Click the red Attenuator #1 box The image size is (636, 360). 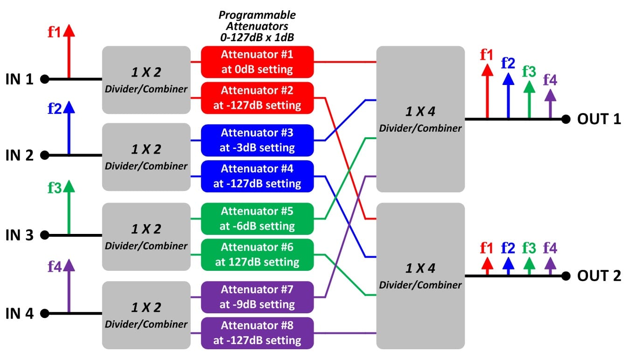[x=257, y=62]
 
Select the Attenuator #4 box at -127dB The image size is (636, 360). [x=257, y=176]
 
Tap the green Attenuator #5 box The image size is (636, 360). [x=257, y=219]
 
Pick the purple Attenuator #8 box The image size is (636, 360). [x=257, y=333]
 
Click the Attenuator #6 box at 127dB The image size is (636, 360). [x=257, y=254]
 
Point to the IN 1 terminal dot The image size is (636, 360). [x=45, y=79]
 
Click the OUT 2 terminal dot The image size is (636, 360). [x=566, y=276]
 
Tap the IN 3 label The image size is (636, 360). [x=19, y=235]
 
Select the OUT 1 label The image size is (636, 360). [x=599, y=119]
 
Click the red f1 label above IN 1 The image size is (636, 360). [x=54, y=32]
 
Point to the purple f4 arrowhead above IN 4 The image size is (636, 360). [x=69, y=265]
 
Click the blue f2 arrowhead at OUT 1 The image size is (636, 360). [x=508, y=79]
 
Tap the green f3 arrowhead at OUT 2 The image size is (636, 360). [x=529, y=263]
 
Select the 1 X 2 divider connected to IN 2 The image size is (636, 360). [x=146, y=157]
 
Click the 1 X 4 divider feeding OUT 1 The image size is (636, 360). [x=420, y=119]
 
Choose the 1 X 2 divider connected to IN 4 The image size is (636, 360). [x=146, y=315]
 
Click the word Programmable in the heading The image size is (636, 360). [x=257, y=15]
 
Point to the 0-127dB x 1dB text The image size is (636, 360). [x=257, y=37]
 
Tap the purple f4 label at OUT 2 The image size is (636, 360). [x=550, y=248]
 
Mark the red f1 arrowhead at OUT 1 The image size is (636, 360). [x=487, y=70]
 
